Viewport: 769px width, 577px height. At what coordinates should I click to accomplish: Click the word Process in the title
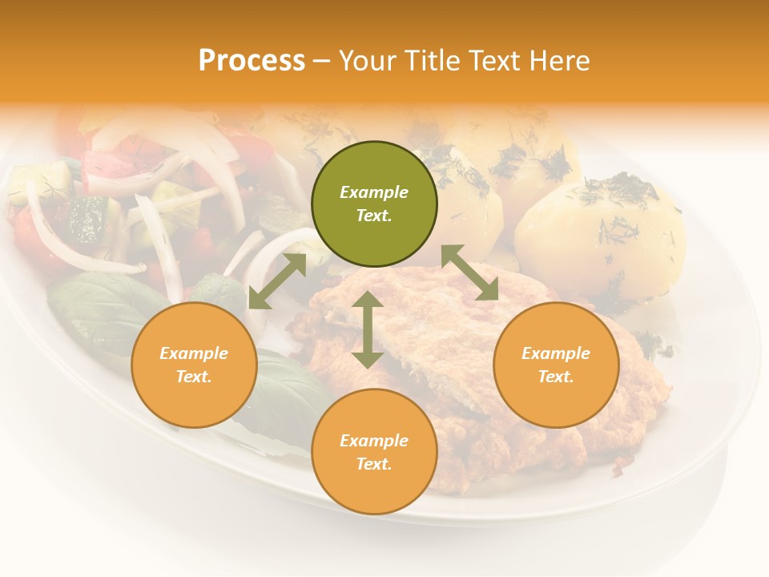(252, 61)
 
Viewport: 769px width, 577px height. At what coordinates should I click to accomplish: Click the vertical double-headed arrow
(368, 329)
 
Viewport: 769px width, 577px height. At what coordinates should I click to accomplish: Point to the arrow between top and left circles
(277, 280)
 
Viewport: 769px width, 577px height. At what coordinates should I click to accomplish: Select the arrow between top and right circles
(470, 272)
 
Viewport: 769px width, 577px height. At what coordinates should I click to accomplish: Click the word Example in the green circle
(374, 192)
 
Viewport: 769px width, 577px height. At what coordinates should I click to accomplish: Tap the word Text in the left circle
(194, 377)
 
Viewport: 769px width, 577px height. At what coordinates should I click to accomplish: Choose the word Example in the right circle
(556, 353)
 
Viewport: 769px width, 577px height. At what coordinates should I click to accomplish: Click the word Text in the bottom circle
(374, 464)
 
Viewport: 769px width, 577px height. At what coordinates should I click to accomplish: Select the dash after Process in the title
(321, 61)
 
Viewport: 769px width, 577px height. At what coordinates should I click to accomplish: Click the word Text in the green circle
(374, 216)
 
